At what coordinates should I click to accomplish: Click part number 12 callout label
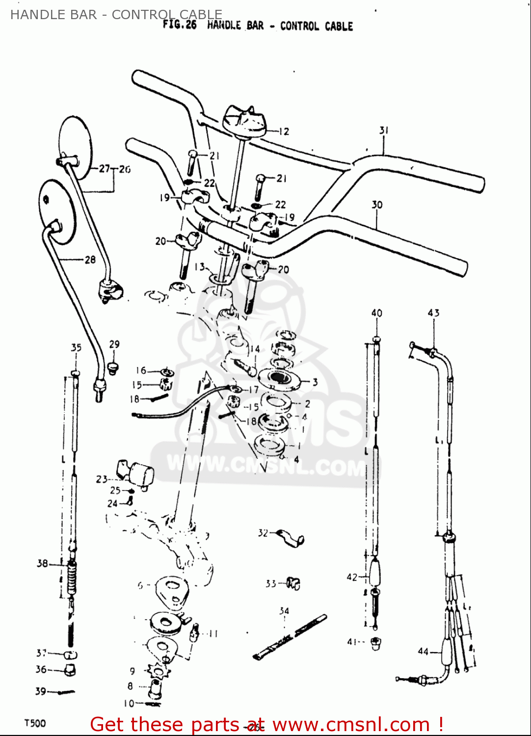point(284,131)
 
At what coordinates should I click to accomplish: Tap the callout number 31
point(384,131)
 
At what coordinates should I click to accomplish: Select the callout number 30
point(377,205)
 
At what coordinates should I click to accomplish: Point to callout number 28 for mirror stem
point(90,260)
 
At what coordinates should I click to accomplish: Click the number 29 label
point(114,344)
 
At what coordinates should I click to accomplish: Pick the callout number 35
point(76,348)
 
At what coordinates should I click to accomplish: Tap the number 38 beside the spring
point(43,563)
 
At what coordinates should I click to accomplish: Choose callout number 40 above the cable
point(376,313)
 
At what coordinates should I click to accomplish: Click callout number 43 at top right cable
point(433,313)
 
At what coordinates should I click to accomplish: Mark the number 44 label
point(423,651)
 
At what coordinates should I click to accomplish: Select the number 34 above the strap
point(284,611)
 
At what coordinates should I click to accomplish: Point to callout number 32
point(263,533)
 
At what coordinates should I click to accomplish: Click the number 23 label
point(102,479)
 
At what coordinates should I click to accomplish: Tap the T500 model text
point(35,723)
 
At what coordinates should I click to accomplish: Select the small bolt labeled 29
point(113,367)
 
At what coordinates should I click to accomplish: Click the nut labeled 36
point(70,670)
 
